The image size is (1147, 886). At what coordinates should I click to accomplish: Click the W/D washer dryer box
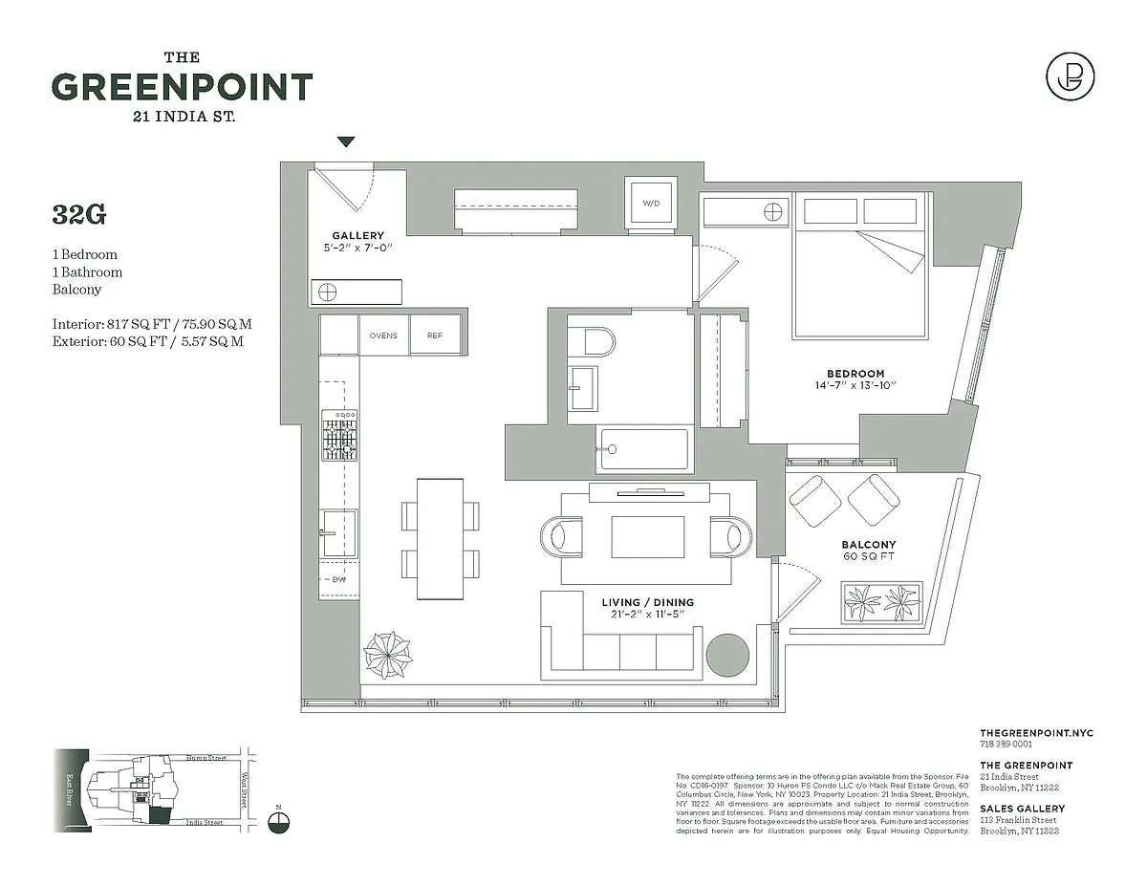pos(651,203)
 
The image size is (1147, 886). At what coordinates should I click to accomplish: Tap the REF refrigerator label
pos(435,335)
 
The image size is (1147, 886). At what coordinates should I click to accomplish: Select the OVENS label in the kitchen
pos(383,335)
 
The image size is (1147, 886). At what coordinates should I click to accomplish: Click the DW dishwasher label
pos(338,580)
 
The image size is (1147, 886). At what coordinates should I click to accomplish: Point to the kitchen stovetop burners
pos(338,435)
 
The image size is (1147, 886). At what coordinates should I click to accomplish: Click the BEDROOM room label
pos(855,374)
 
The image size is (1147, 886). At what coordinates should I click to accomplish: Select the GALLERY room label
pos(357,236)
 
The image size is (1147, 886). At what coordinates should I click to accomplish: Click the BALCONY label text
pos(869,545)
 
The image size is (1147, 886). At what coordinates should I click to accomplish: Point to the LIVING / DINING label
pos(647,602)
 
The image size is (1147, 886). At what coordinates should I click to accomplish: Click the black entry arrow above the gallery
pos(346,141)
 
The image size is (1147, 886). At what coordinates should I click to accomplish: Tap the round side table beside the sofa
pos(728,656)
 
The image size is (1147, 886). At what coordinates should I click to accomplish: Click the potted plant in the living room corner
pos(390,655)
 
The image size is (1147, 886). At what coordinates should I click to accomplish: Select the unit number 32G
pos(79,215)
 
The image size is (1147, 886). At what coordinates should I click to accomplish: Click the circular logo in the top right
pos(1070,76)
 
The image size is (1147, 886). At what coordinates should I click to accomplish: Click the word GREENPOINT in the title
pos(182,87)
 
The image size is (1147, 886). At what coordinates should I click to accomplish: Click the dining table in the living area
pos(441,538)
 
